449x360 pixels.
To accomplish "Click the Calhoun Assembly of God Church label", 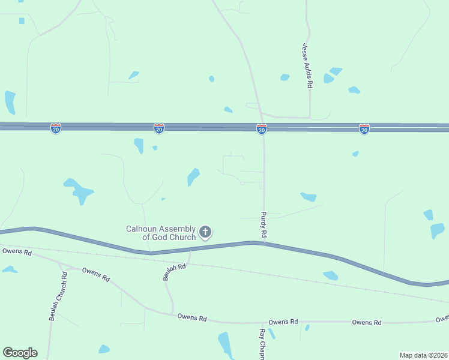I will (x=160, y=233).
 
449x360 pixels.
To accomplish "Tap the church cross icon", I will (x=205, y=232).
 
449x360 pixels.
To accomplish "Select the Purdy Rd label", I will (x=263, y=223).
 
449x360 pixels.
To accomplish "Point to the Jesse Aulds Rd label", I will (x=307, y=66).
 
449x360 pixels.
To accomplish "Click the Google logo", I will (x=20, y=353).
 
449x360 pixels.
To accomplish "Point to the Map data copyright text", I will (x=424, y=355).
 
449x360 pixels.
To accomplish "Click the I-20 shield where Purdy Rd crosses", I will (x=262, y=129).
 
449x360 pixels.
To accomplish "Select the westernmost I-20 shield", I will (x=56, y=129).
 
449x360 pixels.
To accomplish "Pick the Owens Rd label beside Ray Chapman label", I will (x=283, y=322).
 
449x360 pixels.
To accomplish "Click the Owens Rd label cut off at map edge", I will (x=442, y=319).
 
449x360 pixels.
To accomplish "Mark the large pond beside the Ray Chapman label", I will (x=225, y=344).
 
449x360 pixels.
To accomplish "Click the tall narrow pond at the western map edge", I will (x=10, y=102).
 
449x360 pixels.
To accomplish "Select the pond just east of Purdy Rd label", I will (x=309, y=197).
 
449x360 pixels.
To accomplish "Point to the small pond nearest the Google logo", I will (x=104, y=349).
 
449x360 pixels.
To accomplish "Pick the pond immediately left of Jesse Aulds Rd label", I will (x=285, y=77).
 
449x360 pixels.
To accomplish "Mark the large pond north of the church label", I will (x=193, y=176).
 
